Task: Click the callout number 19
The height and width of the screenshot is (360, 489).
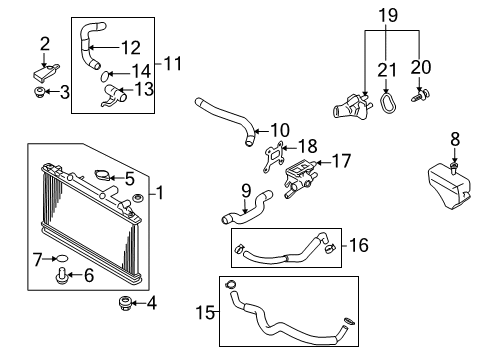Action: (x=388, y=16)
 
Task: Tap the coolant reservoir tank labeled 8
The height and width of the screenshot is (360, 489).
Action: (x=449, y=186)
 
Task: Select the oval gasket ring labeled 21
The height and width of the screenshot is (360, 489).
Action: (x=388, y=103)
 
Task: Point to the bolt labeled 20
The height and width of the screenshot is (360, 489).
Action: (x=420, y=95)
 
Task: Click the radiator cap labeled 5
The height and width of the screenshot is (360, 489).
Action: (x=102, y=175)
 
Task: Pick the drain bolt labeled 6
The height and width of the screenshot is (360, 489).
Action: (x=62, y=275)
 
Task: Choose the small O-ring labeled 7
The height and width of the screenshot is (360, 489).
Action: (x=62, y=258)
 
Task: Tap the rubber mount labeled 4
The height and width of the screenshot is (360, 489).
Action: (x=125, y=302)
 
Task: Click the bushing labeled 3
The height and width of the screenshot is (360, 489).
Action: (x=40, y=92)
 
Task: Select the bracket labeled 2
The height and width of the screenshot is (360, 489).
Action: (x=46, y=72)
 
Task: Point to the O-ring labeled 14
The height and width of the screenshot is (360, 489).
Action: (x=105, y=76)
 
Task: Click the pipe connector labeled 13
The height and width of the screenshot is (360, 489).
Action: (x=114, y=96)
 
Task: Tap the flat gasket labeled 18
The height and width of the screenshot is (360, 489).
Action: (x=274, y=157)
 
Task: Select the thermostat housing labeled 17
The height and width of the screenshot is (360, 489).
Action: (x=300, y=178)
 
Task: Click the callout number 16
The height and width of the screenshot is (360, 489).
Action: (x=359, y=245)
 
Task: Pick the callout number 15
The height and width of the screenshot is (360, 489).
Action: (x=205, y=313)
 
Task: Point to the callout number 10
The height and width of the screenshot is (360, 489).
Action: (x=280, y=130)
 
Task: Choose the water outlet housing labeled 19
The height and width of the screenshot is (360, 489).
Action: (x=353, y=106)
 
